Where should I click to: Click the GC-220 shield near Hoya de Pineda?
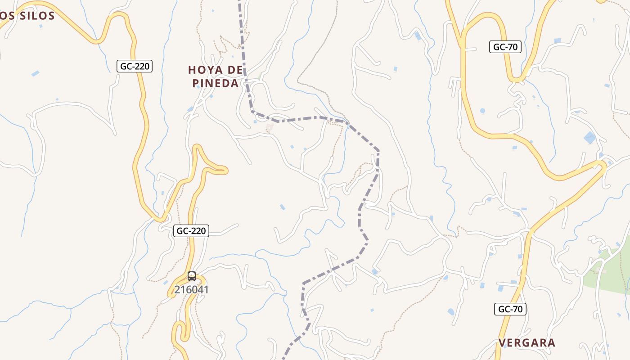pyautogui.click(x=135, y=66)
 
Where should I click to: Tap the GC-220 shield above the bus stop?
pyautogui.click(x=191, y=231)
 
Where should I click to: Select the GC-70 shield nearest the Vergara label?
pyautogui.click(x=510, y=309)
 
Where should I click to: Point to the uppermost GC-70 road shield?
pyautogui.click(x=505, y=47)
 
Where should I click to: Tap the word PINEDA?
pyautogui.click(x=216, y=84)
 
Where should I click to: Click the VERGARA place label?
pyautogui.click(x=526, y=343)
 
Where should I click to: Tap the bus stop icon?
pyautogui.click(x=192, y=276)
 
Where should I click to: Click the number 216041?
pyautogui.click(x=192, y=290)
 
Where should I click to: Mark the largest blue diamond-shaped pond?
pyautogui.click(x=589, y=138)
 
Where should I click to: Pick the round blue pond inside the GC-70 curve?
pyautogui.click(x=482, y=111)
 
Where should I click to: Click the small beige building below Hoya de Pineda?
pyautogui.click(x=269, y=128)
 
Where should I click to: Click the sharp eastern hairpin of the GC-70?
pyautogui.click(x=603, y=167)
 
